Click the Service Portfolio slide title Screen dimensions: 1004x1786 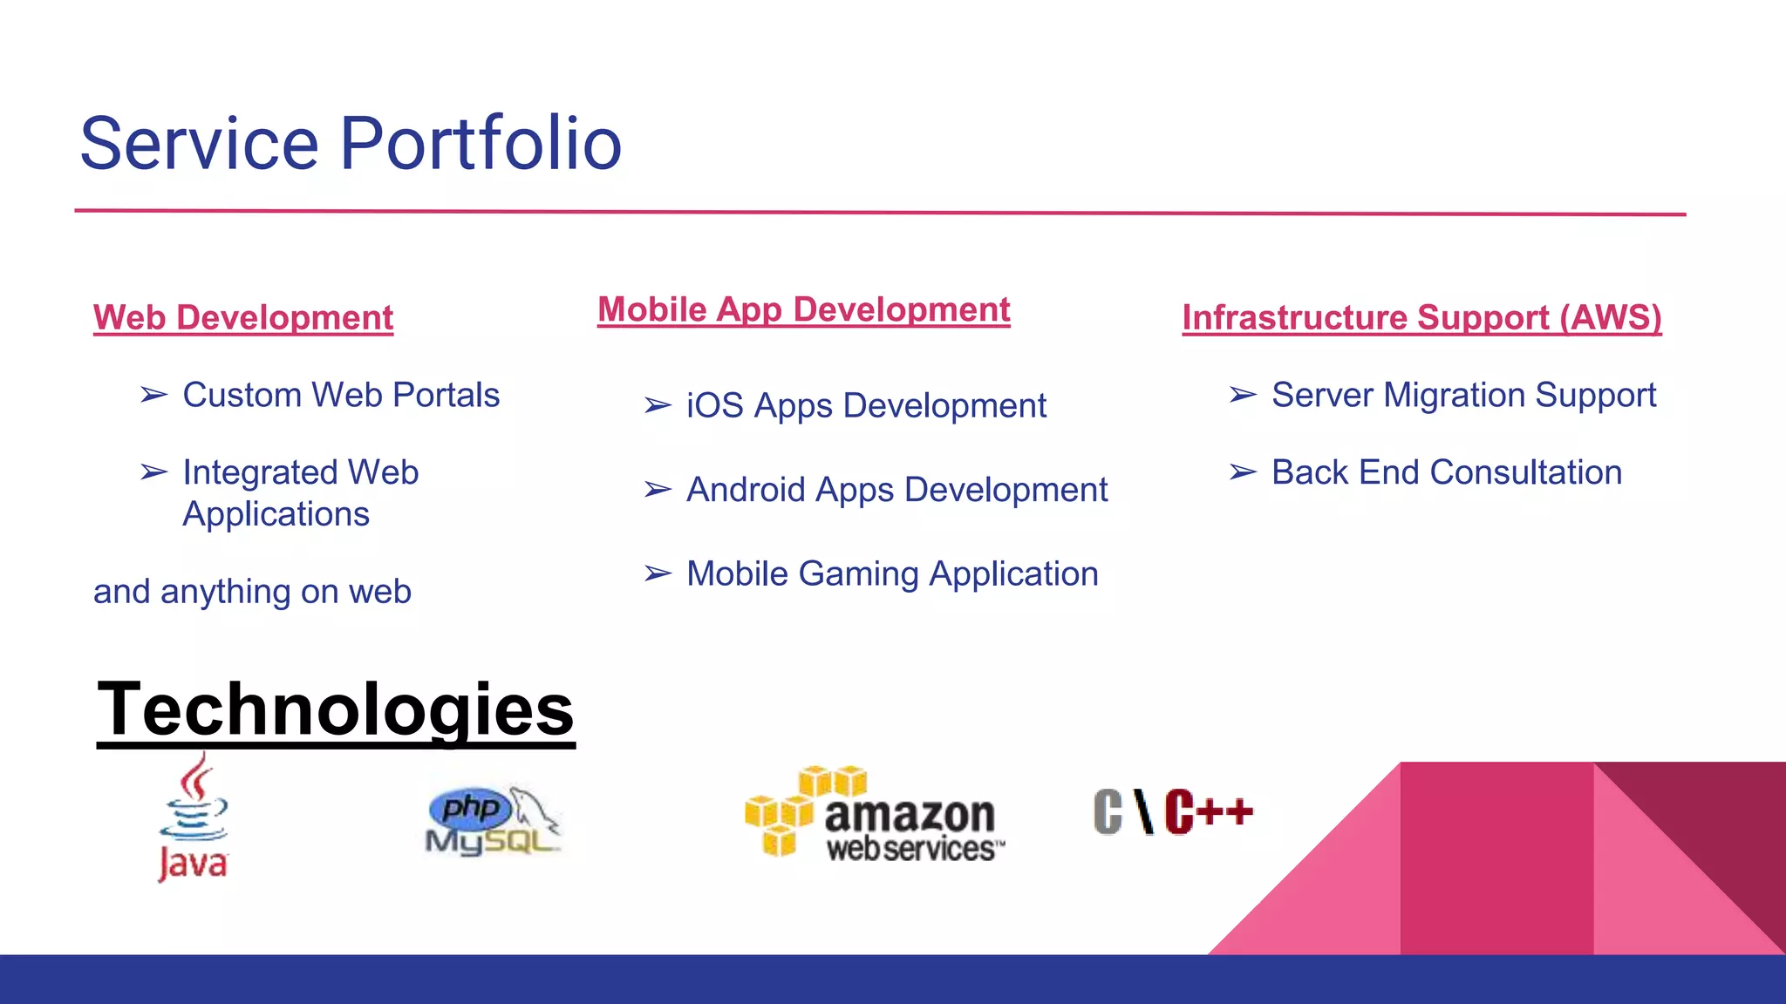pyautogui.click(x=351, y=144)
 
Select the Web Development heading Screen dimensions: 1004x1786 pyautogui.click(x=243, y=317)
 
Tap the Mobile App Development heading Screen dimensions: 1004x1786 pyautogui.click(x=803, y=309)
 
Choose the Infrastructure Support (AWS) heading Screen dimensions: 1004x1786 pyautogui.click(x=1421, y=317)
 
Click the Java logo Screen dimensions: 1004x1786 pyautogui.click(x=193, y=817)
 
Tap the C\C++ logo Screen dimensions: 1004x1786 pyautogui.click(x=1173, y=811)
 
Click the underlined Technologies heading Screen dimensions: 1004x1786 pyautogui.click(x=336, y=709)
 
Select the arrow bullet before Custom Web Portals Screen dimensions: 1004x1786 pyautogui.click(x=153, y=396)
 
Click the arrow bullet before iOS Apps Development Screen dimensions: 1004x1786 pyautogui.click(x=658, y=406)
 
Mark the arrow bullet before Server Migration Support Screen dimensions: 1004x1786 pyautogui.click(x=1243, y=396)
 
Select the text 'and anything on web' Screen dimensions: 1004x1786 pyautogui.click(x=252, y=592)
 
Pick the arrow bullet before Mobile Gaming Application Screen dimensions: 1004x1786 pyautogui.click(x=658, y=574)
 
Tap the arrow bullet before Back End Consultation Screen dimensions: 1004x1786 pyautogui.click(x=1243, y=472)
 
